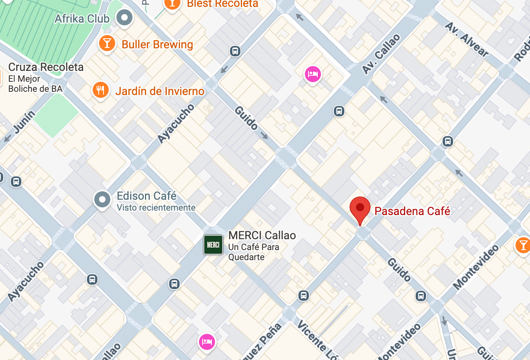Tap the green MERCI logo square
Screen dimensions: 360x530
pyautogui.click(x=213, y=244)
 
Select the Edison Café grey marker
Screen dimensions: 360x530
pyautogui.click(x=102, y=199)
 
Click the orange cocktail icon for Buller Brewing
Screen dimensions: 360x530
pyautogui.click(x=107, y=43)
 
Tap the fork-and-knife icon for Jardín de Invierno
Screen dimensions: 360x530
pyautogui.click(x=100, y=90)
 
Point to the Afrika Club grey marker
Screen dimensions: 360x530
pyautogui.click(x=124, y=17)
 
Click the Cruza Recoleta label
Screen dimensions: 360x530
pyautogui.click(x=46, y=67)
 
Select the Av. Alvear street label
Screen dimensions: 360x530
pyautogui.click(x=466, y=39)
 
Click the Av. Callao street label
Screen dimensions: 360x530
pyautogui.click(x=381, y=54)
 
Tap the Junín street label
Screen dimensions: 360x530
pyautogui.click(x=24, y=122)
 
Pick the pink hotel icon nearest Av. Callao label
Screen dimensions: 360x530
pyautogui.click(x=313, y=74)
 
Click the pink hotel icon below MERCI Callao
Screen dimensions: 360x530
pyautogui.click(x=207, y=342)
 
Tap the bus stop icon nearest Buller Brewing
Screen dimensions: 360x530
pyautogui.click(x=235, y=51)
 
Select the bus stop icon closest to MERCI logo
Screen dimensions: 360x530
pyautogui.click(x=174, y=283)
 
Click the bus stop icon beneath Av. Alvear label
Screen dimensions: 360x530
pyautogui.click(x=447, y=141)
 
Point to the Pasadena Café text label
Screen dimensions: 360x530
pyautogui.click(x=412, y=211)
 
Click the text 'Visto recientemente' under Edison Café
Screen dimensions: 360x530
pyautogui.click(x=156, y=208)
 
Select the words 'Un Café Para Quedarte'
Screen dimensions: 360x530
pyautogui.click(x=254, y=252)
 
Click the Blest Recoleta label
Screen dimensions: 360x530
pyautogui.click(x=222, y=4)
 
